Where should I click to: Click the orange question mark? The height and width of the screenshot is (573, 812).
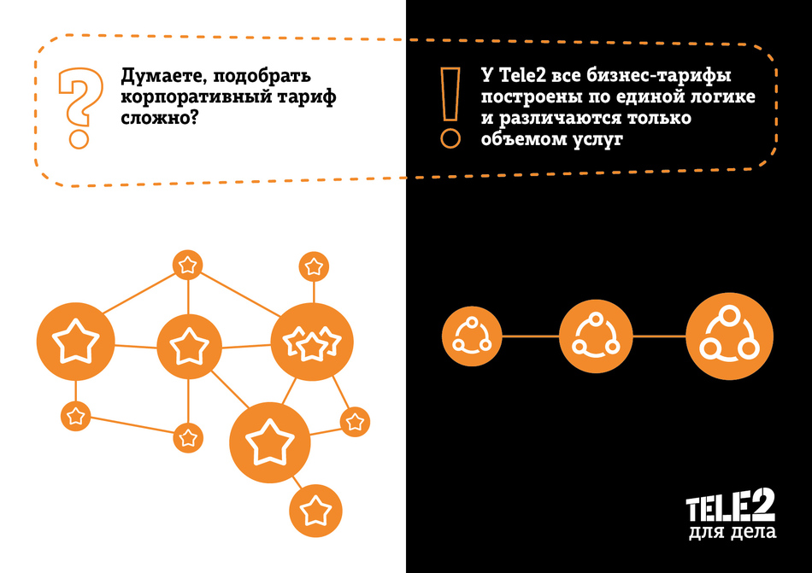79,108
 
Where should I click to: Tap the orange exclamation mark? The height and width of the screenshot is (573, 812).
450,108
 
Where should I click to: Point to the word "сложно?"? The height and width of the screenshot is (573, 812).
160,118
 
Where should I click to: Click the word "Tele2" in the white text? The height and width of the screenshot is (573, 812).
522,75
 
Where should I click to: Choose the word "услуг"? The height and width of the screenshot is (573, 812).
597,140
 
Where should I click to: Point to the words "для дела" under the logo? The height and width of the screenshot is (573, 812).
733,532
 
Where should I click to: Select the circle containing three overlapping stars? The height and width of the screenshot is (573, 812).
312,342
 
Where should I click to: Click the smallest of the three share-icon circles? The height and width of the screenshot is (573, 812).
472,336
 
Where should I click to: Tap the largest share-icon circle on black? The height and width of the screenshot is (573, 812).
730,336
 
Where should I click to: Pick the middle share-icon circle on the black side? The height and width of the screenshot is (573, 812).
596,336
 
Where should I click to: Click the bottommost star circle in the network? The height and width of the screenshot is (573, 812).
315,511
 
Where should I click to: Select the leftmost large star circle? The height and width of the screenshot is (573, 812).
75,342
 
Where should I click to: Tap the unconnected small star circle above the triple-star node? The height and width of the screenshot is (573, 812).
314,266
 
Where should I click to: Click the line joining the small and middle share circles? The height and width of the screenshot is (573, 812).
531,336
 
